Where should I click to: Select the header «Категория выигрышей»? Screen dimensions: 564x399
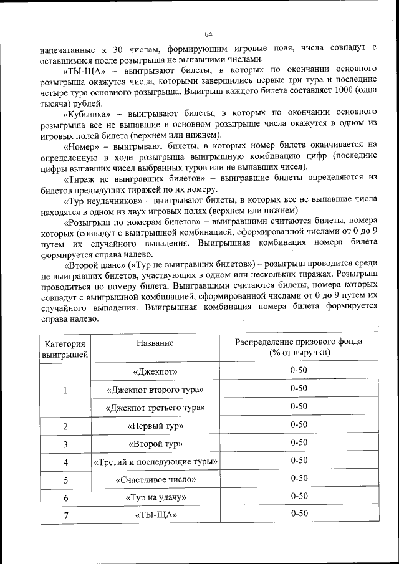[65, 348]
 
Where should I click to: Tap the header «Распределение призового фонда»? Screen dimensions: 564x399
[299, 342]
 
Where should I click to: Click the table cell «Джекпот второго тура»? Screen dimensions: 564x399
[155, 390]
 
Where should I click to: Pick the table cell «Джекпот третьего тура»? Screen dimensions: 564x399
[155, 408]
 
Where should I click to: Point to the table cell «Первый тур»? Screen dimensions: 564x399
[155, 426]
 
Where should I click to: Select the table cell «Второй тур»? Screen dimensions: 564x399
[155, 444]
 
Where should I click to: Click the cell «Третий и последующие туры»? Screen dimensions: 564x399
[155, 462]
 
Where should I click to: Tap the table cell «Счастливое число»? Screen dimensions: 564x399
[155, 480]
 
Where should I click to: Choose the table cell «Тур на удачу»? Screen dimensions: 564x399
[155, 497]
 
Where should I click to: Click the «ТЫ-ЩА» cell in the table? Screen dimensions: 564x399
[155, 515]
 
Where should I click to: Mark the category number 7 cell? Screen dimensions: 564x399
[65, 515]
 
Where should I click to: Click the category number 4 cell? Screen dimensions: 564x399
[65, 462]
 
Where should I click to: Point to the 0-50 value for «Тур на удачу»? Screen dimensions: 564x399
[299, 496]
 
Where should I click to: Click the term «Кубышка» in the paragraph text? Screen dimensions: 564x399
[87, 114]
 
